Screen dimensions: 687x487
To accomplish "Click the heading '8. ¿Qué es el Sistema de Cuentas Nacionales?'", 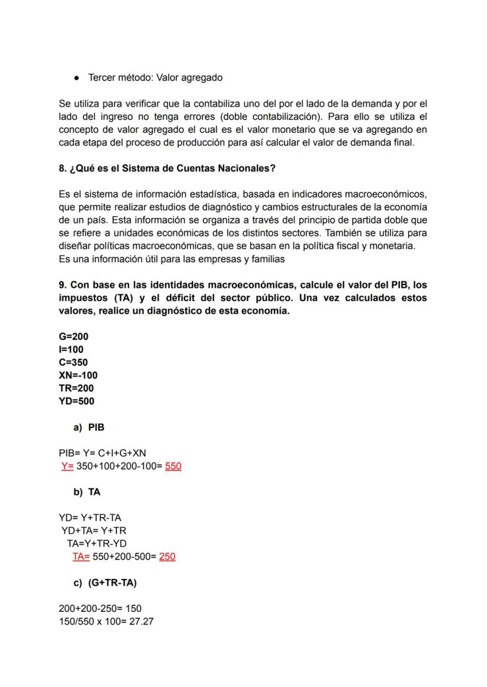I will (x=167, y=168).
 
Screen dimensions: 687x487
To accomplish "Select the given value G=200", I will (x=74, y=337).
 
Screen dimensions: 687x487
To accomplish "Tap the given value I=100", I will (x=71, y=350).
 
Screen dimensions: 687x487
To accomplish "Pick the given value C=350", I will (x=74, y=363).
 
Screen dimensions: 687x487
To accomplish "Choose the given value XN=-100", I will (x=78, y=376).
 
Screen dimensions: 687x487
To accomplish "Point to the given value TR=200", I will (x=76, y=388).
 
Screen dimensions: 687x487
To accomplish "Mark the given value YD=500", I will (x=76, y=401).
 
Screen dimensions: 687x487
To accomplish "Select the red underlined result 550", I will (x=173, y=467).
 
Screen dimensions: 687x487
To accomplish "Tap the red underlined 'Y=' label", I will (x=67, y=467).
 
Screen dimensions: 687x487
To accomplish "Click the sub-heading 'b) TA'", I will (x=87, y=492).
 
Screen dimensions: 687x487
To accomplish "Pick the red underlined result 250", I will (x=167, y=557).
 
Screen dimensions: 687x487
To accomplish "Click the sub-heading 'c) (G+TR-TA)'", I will (x=105, y=582).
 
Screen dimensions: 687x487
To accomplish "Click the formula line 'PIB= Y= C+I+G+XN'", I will (x=102, y=453).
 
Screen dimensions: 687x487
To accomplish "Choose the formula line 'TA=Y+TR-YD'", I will (x=96, y=544).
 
